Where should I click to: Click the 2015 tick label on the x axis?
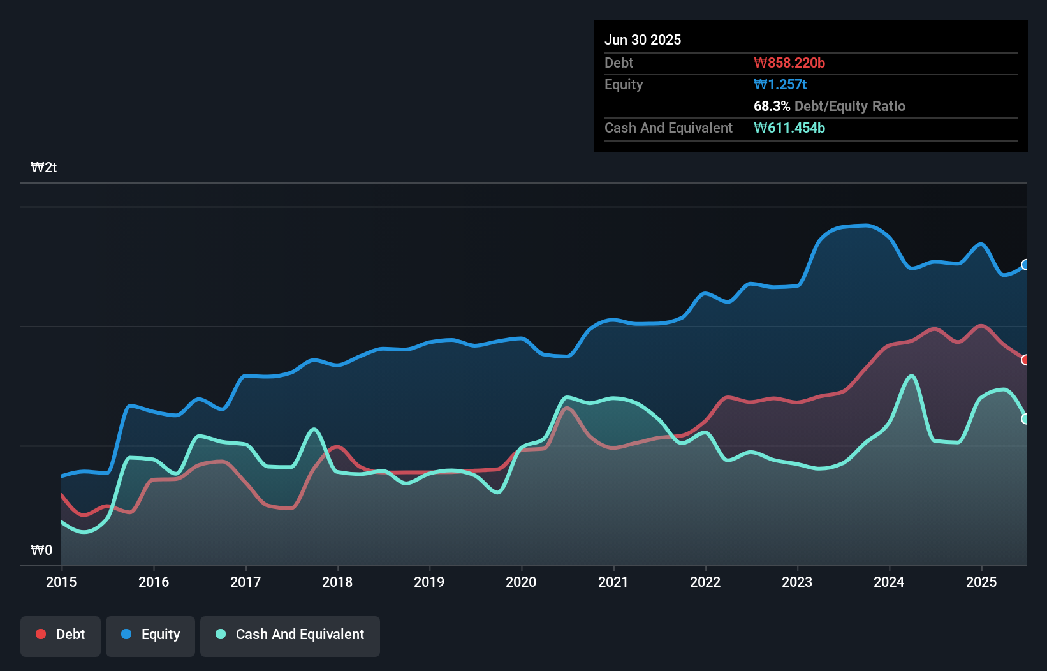coord(61,582)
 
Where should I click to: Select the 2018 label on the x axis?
coord(337,582)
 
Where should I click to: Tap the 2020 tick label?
coord(521,582)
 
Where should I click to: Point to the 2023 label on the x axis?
coord(797,582)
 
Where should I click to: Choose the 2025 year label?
coord(981,582)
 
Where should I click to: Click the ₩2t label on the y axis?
coord(43,168)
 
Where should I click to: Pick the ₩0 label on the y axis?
coord(41,550)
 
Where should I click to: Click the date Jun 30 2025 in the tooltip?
coord(643,40)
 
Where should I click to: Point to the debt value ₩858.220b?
coord(789,63)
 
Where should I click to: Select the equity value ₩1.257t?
coord(780,84)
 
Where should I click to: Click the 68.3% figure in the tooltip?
coord(772,106)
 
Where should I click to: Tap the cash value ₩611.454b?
coord(789,128)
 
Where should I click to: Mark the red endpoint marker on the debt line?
coord(1025,360)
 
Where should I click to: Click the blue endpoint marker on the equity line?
coord(1025,265)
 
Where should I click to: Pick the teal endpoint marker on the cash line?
coord(1025,419)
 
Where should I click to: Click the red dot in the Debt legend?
coord(41,634)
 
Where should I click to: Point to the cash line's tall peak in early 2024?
coord(912,376)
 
